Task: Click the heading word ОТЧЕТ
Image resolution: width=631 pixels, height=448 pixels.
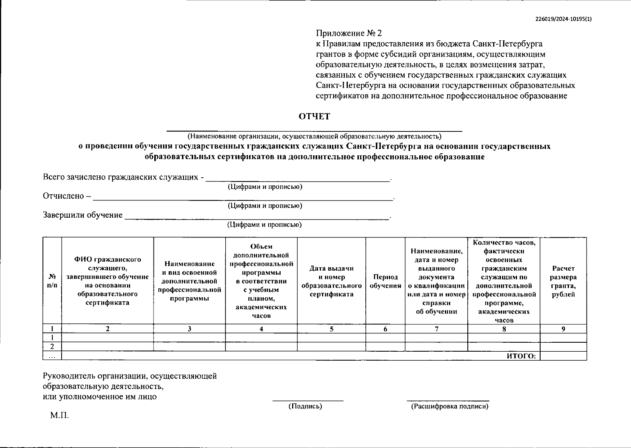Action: point(314,116)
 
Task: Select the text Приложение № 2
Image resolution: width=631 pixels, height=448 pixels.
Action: point(349,34)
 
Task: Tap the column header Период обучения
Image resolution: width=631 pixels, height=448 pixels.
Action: point(385,281)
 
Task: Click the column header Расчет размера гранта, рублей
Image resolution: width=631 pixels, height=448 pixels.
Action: point(563,281)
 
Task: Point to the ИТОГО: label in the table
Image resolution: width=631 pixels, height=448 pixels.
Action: point(522,356)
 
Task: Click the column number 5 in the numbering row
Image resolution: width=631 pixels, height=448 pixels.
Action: point(331,329)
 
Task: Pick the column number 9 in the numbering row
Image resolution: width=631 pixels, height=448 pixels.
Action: point(563,329)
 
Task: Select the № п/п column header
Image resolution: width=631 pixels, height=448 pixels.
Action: point(52,281)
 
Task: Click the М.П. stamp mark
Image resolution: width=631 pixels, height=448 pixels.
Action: point(60,416)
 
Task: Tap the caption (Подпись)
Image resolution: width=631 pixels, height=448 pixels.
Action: point(305,406)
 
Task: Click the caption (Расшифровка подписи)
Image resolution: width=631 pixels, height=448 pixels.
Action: point(449,406)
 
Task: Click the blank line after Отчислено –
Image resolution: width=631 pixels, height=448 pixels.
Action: point(243,199)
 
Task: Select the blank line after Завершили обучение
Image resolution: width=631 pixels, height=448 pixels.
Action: point(257,218)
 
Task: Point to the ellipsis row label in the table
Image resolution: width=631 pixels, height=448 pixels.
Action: point(52,356)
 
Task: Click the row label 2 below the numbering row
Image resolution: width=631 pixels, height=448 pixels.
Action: point(52,347)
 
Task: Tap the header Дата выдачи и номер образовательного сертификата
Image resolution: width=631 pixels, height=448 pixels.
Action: point(331,281)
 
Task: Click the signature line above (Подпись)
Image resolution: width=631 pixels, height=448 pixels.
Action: point(308,400)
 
